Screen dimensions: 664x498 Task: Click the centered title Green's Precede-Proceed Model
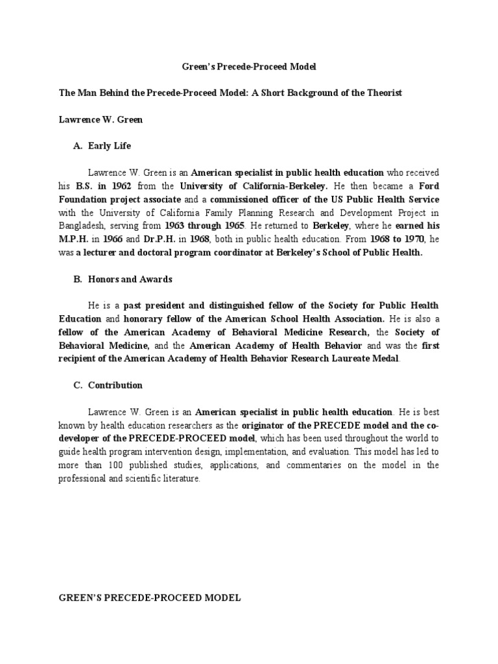point(248,67)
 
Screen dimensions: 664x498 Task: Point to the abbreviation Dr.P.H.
point(159,239)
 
